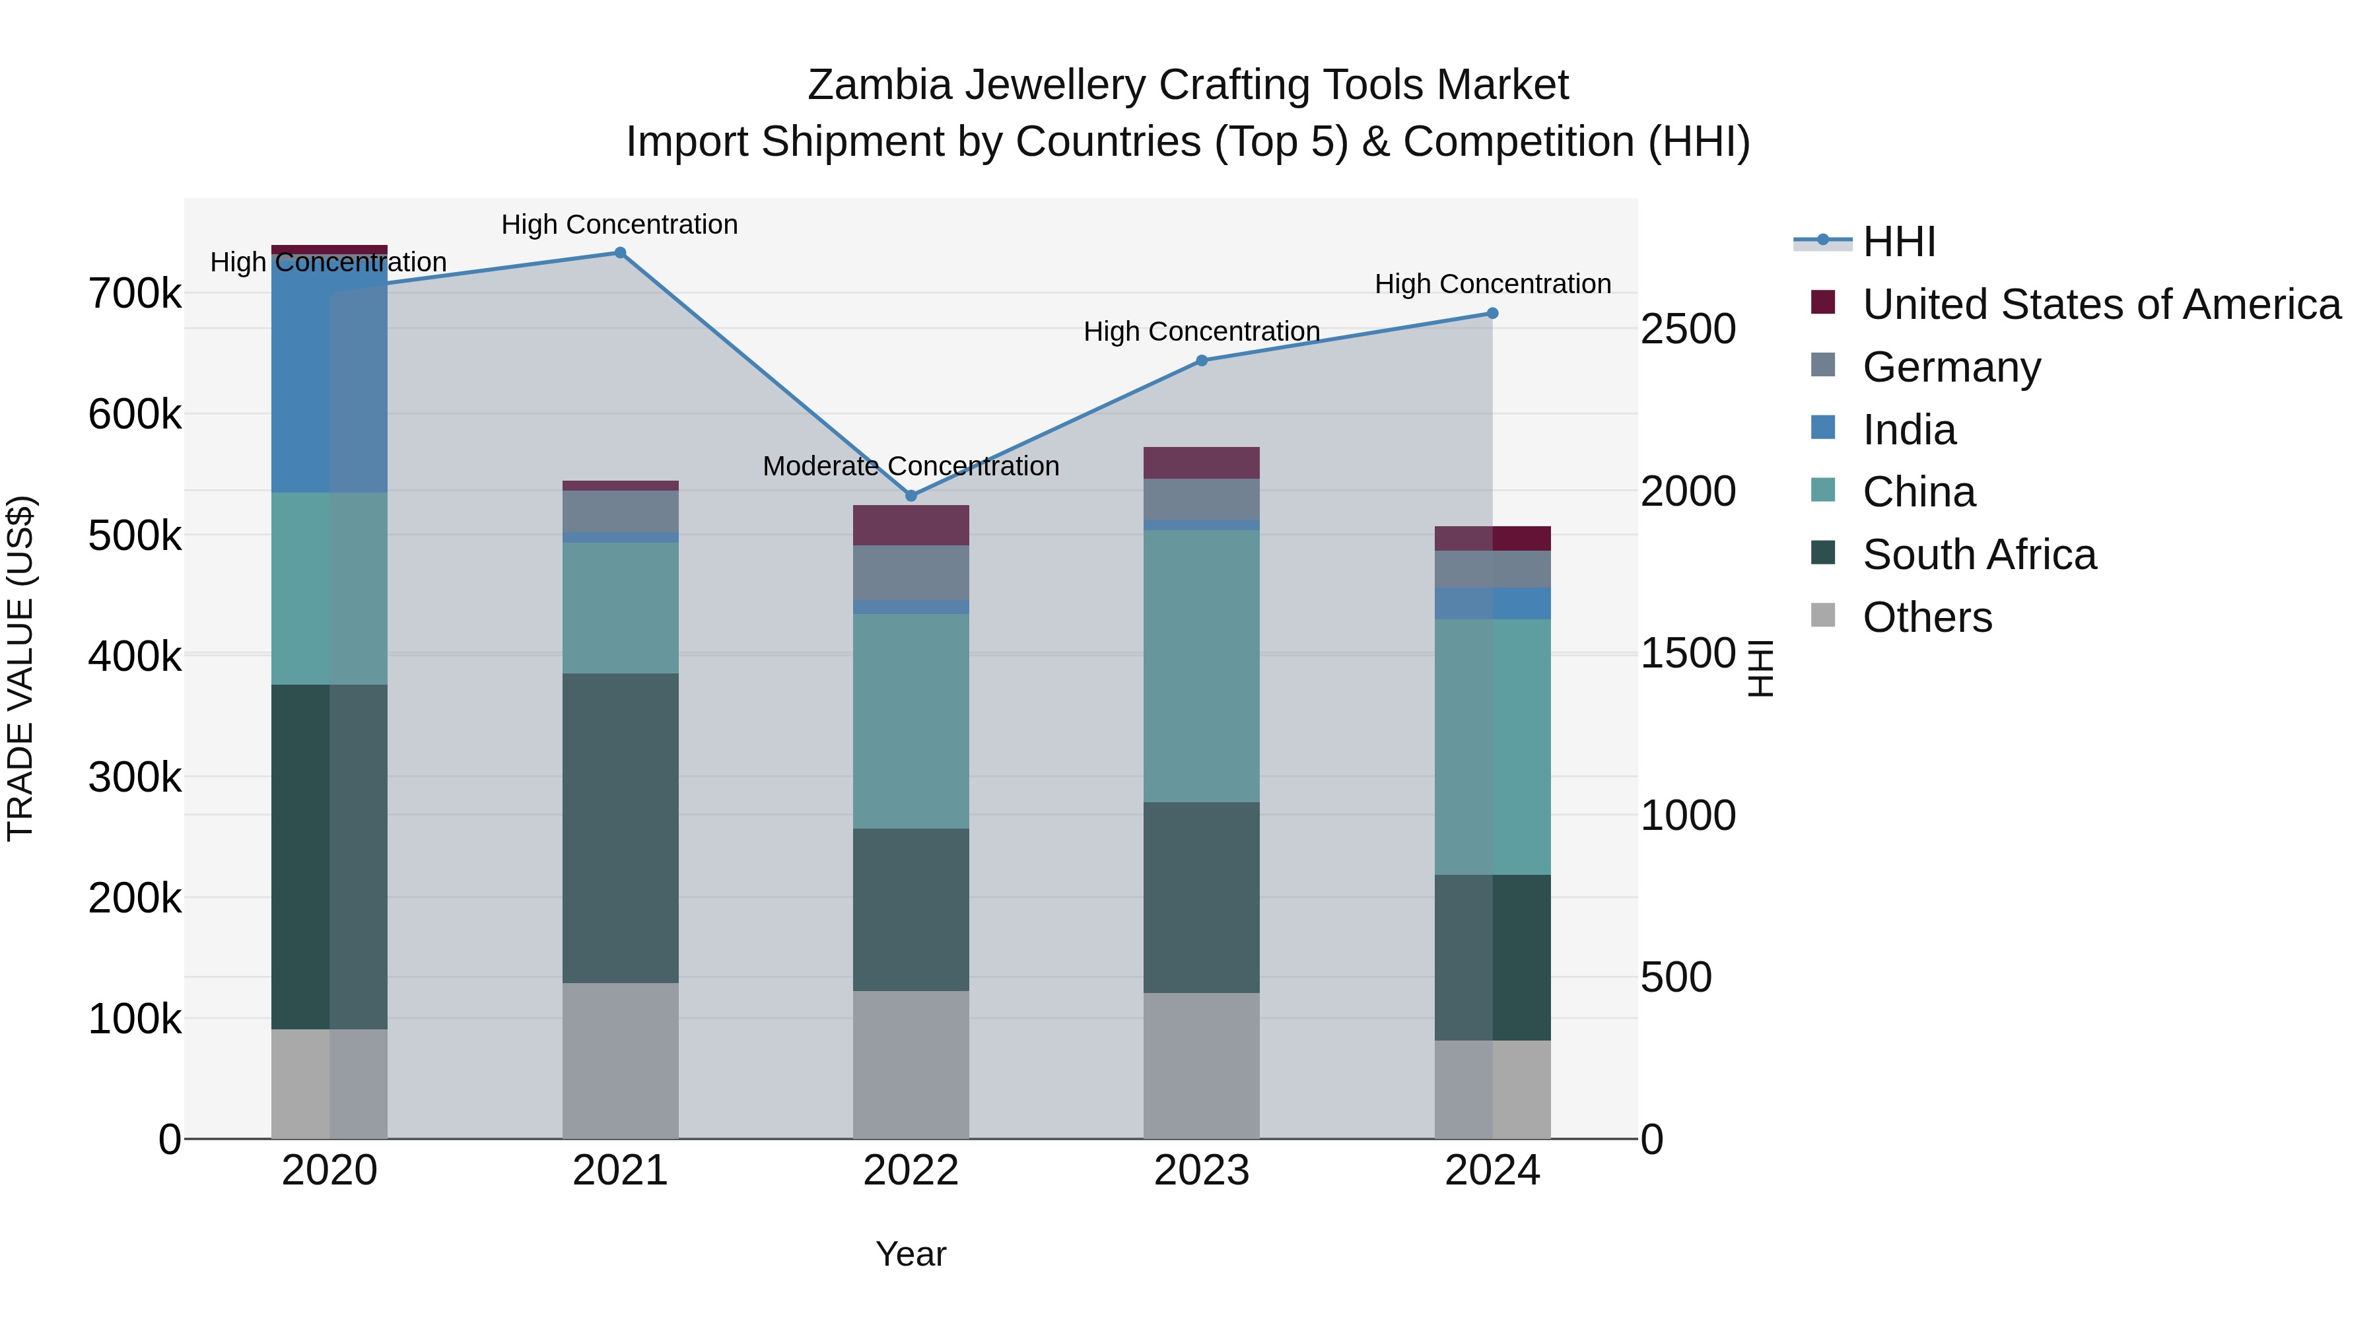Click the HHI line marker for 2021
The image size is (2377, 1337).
(x=620, y=253)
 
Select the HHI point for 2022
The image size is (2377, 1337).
(x=911, y=495)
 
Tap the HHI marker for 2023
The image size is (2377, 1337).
(x=1202, y=360)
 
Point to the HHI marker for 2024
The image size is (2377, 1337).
(x=1492, y=314)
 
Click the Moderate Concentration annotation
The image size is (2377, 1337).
(x=911, y=467)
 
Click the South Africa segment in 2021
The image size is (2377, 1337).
(x=620, y=828)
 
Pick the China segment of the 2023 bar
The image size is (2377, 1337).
(x=1202, y=666)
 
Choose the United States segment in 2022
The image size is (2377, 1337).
(x=911, y=525)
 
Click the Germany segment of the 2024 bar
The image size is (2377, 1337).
(x=1492, y=569)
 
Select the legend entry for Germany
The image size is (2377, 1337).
(x=1950, y=367)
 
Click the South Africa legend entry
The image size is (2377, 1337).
(x=1978, y=555)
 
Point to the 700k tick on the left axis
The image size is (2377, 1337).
(x=135, y=294)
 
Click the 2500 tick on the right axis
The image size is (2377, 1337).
(x=1688, y=329)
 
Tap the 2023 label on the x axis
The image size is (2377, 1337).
(x=1202, y=1171)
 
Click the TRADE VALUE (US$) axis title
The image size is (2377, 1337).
(x=20, y=668)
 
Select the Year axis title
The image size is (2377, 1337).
(x=911, y=1254)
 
